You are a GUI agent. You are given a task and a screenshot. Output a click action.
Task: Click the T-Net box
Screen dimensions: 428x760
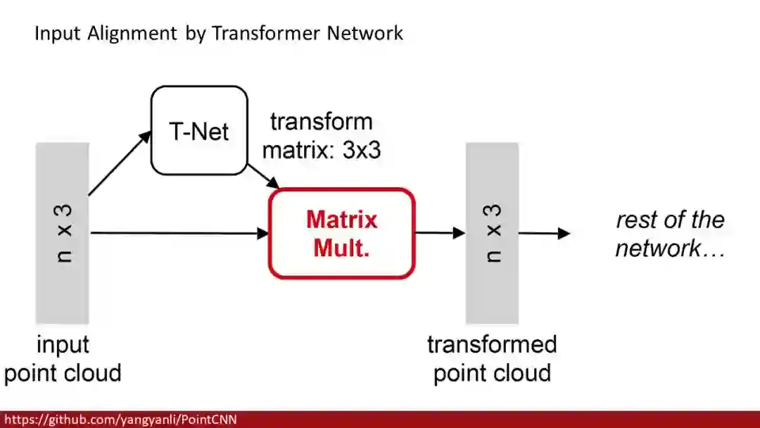click(199, 130)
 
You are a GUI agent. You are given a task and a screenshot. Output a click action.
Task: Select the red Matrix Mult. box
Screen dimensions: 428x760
click(342, 233)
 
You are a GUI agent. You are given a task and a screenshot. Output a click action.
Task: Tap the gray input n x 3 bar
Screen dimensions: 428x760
click(62, 233)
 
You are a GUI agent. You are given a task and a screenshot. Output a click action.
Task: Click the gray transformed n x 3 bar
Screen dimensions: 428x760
click(492, 233)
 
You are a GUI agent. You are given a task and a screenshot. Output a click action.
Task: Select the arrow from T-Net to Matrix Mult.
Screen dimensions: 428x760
click(264, 177)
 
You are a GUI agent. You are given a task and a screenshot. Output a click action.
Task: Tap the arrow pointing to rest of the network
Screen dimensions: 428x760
click(544, 233)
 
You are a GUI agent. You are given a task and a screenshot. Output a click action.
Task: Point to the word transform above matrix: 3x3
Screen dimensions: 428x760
click(321, 122)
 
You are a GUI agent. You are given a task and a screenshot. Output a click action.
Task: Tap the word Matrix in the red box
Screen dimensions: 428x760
click(342, 220)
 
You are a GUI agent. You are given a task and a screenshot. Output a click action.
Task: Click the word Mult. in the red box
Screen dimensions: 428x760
click(342, 248)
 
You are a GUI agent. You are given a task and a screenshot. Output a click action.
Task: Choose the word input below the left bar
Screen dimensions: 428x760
click(63, 345)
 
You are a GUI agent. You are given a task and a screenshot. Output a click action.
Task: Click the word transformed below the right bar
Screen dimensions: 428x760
click(492, 345)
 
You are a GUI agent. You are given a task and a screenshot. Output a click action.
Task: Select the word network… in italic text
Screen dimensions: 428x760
click(670, 248)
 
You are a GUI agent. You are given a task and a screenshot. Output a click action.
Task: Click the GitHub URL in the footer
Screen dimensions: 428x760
click(120, 420)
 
